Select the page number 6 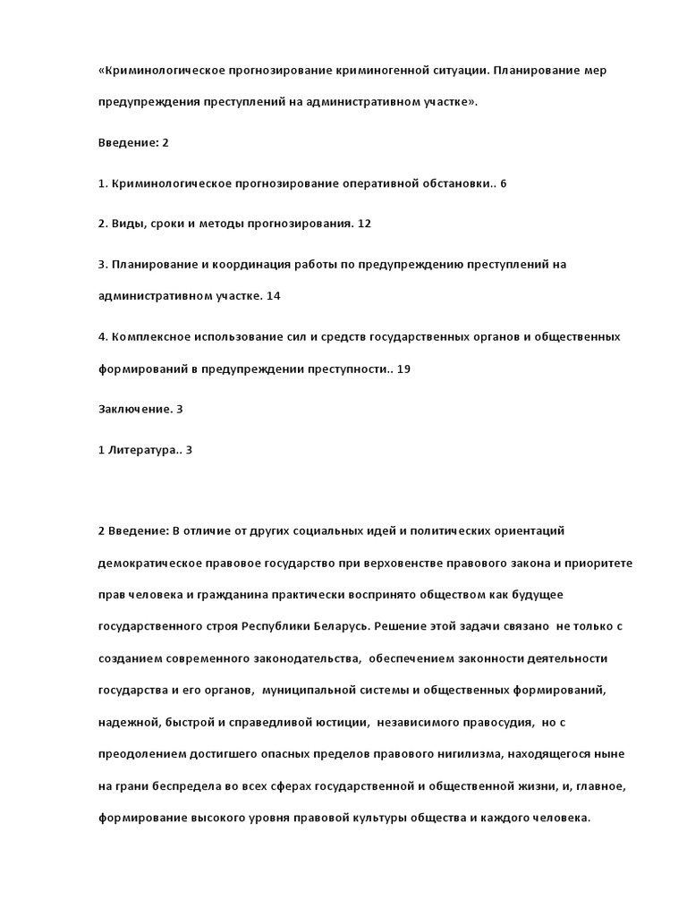504,183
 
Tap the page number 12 363,224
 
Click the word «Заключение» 134,409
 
